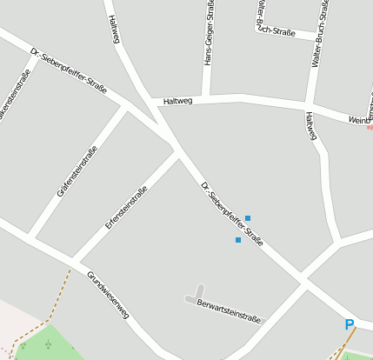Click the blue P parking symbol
coord(350,325)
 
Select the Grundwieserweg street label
coord(107,295)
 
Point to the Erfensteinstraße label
coord(126,206)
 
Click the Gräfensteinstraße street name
coord(77,170)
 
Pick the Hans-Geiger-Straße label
coord(209,33)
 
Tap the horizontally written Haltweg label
coord(177,101)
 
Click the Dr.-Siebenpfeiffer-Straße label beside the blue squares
coord(231,213)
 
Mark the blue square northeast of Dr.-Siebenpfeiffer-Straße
coord(248,218)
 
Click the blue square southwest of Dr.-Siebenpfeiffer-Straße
coord(237,240)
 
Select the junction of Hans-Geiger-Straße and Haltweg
coord(206,95)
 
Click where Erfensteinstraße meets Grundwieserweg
coord(75,260)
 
